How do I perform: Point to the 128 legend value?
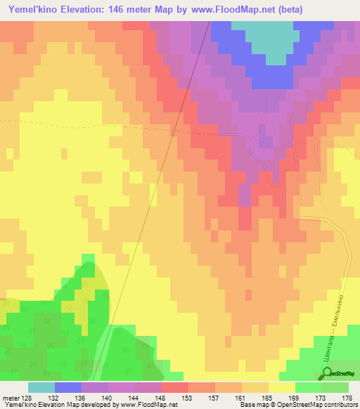(27, 398)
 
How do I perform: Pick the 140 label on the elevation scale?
(108, 398)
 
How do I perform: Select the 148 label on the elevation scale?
(162, 398)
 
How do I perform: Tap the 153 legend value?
(188, 398)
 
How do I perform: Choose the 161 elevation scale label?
(242, 398)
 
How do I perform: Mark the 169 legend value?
(295, 398)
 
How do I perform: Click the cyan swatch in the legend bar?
(41, 387)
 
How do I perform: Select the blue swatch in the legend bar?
(67, 387)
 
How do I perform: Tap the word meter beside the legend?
(10, 398)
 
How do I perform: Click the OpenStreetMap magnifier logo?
(326, 374)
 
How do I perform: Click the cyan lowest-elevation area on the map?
(263, 39)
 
